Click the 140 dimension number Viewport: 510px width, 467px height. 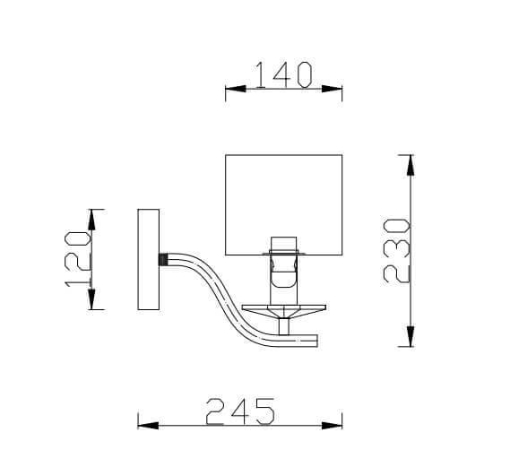283,74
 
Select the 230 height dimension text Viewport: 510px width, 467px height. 397,251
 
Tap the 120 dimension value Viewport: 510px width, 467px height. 78,260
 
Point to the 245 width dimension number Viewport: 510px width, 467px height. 239,411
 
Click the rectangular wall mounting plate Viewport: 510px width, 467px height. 148,260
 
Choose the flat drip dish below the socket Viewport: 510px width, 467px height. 283,310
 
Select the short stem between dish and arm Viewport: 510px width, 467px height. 284,327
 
